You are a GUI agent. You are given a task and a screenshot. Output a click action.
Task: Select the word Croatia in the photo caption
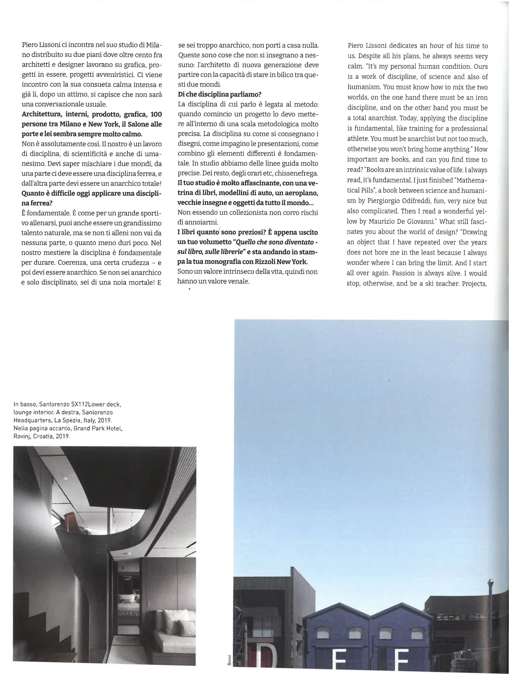43,436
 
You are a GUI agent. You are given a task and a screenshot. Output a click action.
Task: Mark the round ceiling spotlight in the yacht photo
65,479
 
